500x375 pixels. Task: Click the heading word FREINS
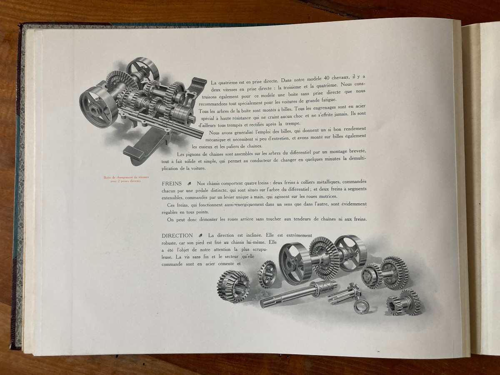click(x=172, y=184)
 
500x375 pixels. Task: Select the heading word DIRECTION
click(x=177, y=235)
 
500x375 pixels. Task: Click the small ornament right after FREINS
click(x=189, y=184)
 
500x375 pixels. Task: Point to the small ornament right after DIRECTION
click(x=200, y=235)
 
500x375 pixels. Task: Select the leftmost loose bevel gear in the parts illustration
click(x=232, y=284)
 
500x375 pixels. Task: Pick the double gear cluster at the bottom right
click(x=404, y=302)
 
